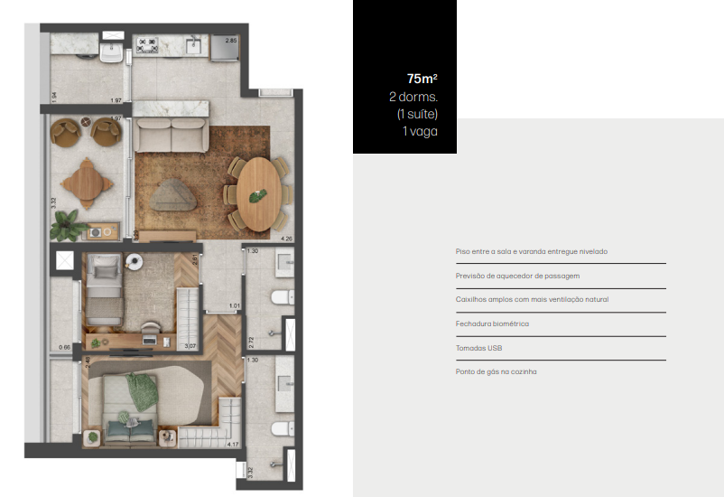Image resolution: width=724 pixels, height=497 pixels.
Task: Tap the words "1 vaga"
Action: click(421, 131)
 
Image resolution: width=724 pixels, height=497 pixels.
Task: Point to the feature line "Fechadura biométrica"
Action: click(492, 324)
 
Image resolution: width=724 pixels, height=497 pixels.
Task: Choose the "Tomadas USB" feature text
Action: click(480, 347)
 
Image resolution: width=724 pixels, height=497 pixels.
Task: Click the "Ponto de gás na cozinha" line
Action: click(497, 371)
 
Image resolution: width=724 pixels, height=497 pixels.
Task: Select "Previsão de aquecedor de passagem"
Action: click(517, 276)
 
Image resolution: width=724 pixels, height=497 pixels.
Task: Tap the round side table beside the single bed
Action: click(135, 263)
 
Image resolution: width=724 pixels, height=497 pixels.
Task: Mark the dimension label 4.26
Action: click(287, 239)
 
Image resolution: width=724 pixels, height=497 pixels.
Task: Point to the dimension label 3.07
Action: click(190, 345)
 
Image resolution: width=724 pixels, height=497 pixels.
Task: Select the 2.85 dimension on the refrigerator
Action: click(231, 42)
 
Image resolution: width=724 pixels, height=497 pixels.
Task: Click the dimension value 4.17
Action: click(234, 444)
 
